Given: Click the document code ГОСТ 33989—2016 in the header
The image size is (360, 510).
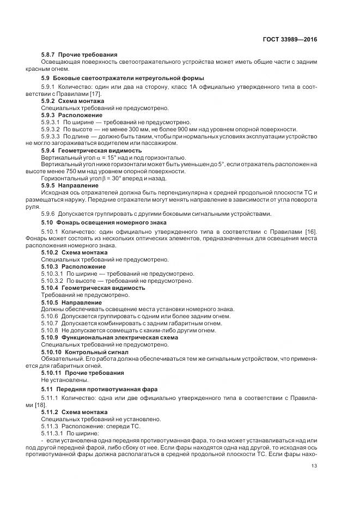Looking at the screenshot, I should [x=289, y=40].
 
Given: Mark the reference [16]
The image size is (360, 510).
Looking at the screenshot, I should [x=311, y=232].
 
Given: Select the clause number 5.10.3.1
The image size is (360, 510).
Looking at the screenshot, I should [x=53, y=274].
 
